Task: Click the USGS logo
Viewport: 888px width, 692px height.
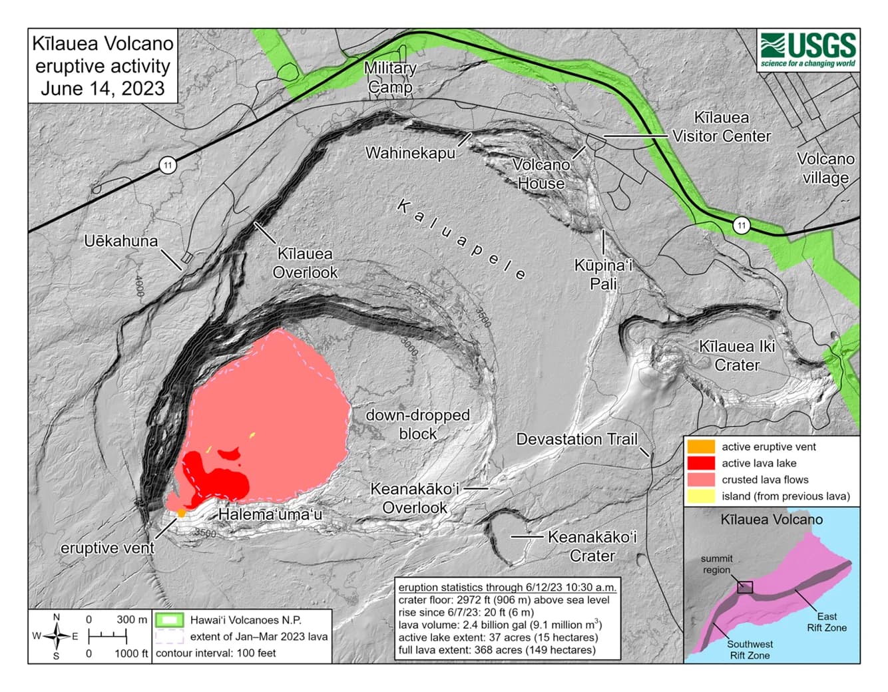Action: [808, 50]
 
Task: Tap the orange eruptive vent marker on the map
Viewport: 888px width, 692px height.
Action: [181, 513]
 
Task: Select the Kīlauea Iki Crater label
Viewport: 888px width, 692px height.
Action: [737, 355]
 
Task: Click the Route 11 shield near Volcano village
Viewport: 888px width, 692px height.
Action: [741, 226]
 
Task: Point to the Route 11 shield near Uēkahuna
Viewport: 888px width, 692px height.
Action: [168, 164]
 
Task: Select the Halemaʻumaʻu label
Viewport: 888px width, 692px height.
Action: [270, 514]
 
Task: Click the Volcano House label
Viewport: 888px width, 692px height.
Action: [541, 174]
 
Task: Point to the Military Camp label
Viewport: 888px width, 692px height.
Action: [390, 77]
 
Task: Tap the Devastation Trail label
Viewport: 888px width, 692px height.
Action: [576, 439]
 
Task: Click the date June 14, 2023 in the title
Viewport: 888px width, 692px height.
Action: [103, 88]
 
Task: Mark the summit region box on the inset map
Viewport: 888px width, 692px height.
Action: [745, 587]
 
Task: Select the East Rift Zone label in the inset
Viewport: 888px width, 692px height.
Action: [827, 621]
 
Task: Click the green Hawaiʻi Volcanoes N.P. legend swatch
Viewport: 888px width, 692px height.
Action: [170, 619]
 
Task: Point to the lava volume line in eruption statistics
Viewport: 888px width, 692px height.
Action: [499, 625]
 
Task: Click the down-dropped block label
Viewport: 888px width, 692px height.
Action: [417, 424]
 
